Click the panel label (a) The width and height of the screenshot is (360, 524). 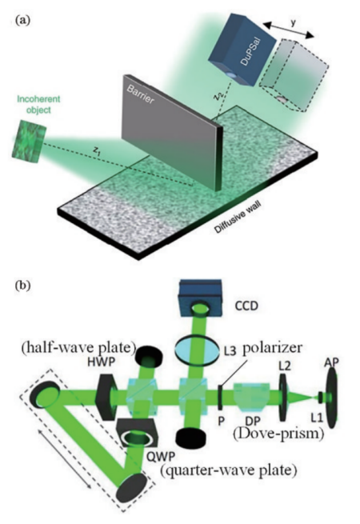pos(22,20)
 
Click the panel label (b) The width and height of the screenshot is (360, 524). pos(22,286)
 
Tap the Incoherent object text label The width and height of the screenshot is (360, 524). pos(38,104)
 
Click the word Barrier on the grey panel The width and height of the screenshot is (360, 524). pos(140,94)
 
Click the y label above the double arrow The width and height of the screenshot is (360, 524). pos(293,22)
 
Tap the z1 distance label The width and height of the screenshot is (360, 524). pos(96,151)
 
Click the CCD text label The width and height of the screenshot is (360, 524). pos(247,306)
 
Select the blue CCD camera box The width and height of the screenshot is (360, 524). pos(201,298)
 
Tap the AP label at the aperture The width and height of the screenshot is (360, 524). pos(331,362)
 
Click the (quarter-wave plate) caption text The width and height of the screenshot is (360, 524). pos(229,470)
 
